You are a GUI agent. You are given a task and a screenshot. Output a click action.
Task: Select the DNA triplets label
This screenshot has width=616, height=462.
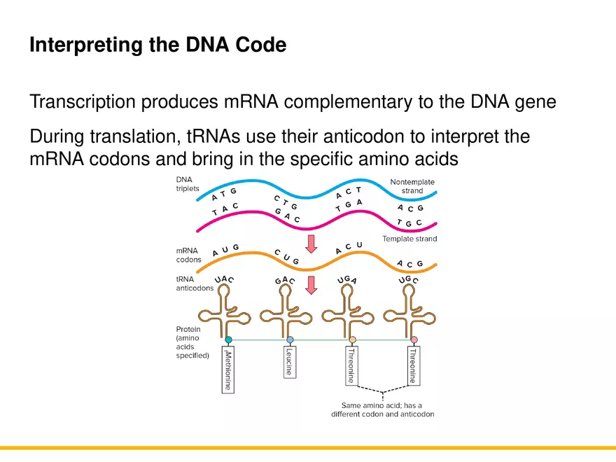pyautogui.click(x=187, y=185)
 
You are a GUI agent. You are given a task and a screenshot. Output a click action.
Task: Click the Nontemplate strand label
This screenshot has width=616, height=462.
pyautogui.click(x=412, y=186)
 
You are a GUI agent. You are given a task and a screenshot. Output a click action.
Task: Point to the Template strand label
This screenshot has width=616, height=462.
pyautogui.click(x=409, y=239)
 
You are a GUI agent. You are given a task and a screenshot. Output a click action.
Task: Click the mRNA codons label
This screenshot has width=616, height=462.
pyautogui.click(x=188, y=255)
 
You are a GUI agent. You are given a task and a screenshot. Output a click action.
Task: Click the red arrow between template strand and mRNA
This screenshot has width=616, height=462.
pyautogui.click(x=311, y=244)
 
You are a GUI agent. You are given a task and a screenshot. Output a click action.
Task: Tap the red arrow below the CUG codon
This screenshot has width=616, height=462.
pyautogui.click(x=311, y=284)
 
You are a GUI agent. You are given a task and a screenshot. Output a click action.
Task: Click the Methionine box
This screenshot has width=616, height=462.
pyautogui.click(x=228, y=371)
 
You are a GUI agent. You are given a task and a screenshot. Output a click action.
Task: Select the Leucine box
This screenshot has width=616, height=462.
pyautogui.click(x=289, y=362)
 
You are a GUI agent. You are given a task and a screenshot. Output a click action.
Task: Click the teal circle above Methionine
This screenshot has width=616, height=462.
pyautogui.click(x=228, y=340)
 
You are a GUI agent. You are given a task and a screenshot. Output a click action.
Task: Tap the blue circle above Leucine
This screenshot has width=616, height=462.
pyautogui.click(x=290, y=340)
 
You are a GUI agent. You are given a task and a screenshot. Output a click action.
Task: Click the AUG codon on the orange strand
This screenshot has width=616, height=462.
pyautogui.click(x=225, y=251)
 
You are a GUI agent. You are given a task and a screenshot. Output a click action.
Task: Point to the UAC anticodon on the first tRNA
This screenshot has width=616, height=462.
pyautogui.click(x=224, y=280)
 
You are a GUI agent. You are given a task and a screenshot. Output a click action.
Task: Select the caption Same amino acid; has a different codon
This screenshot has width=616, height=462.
pyautogui.click(x=382, y=409)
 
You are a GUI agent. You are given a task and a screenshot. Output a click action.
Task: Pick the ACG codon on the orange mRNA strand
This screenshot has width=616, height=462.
pyautogui.click(x=409, y=264)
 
